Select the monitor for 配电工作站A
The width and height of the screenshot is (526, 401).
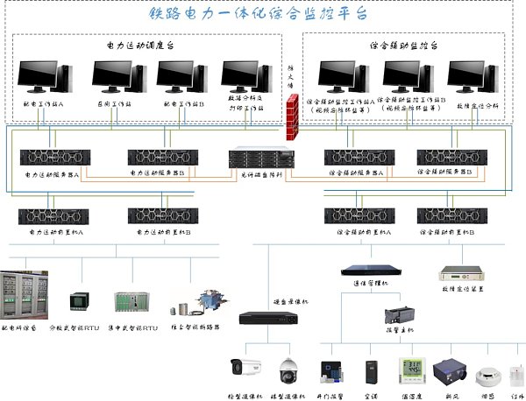tap(39, 77)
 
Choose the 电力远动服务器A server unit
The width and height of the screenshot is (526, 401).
tap(55, 158)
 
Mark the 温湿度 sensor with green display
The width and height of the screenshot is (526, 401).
tap(412, 371)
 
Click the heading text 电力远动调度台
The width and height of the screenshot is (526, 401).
tap(145, 45)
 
